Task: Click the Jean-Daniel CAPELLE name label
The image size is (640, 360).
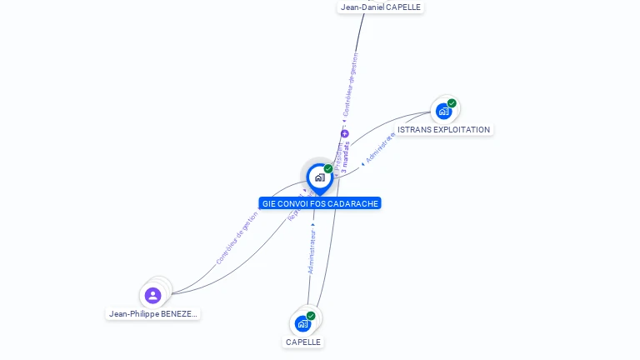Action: tap(381, 7)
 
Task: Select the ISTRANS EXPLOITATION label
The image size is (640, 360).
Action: tap(443, 130)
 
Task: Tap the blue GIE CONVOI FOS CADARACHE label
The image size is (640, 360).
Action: tap(320, 203)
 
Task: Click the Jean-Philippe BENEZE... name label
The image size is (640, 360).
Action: tap(153, 314)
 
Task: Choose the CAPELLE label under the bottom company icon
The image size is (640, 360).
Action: tap(303, 342)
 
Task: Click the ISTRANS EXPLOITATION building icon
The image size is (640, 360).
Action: tap(443, 111)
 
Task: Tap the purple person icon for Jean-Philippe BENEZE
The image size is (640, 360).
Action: tap(152, 295)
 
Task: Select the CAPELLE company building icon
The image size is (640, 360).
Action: tap(302, 323)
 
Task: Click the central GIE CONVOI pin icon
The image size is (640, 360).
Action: tap(319, 177)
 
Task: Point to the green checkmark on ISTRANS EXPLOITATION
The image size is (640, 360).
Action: tap(452, 103)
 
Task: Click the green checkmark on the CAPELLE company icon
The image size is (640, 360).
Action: tap(311, 316)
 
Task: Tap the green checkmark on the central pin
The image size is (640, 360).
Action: tap(328, 169)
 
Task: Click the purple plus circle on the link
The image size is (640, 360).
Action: tap(344, 133)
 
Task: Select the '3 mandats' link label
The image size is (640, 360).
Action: tap(345, 157)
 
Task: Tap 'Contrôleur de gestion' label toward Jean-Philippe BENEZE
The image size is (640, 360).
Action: tap(237, 237)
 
